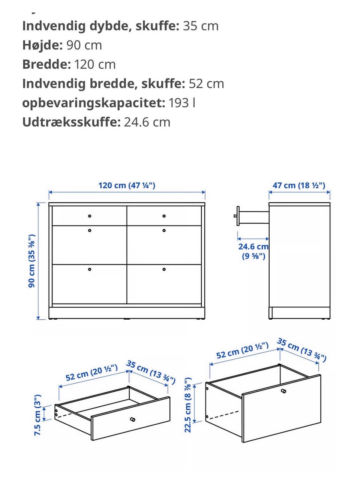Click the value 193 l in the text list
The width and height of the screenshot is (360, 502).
(x=182, y=103)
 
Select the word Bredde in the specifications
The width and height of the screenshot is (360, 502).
(x=46, y=64)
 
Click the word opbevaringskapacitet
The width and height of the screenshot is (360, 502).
(x=93, y=103)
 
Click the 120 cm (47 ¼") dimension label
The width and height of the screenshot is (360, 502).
(x=127, y=185)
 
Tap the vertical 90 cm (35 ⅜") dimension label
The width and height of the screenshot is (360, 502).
(x=32, y=261)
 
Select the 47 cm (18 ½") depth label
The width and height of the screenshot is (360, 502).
(x=299, y=185)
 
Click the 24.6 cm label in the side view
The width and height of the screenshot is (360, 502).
(x=253, y=247)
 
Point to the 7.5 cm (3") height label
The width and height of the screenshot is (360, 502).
(x=38, y=415)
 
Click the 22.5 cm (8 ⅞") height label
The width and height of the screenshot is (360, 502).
(x=188, y=405)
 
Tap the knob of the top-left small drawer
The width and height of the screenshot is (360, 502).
(x=90, y=216)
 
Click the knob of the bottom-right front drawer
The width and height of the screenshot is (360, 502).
(x=164, y=269)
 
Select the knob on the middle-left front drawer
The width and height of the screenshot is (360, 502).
(x=90, y=230)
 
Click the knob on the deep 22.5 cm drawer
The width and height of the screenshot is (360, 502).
(x=283, y=391)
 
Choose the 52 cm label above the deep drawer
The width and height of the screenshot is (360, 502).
(x=242, y=350)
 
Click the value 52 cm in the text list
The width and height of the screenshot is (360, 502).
(x=206, y=84)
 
